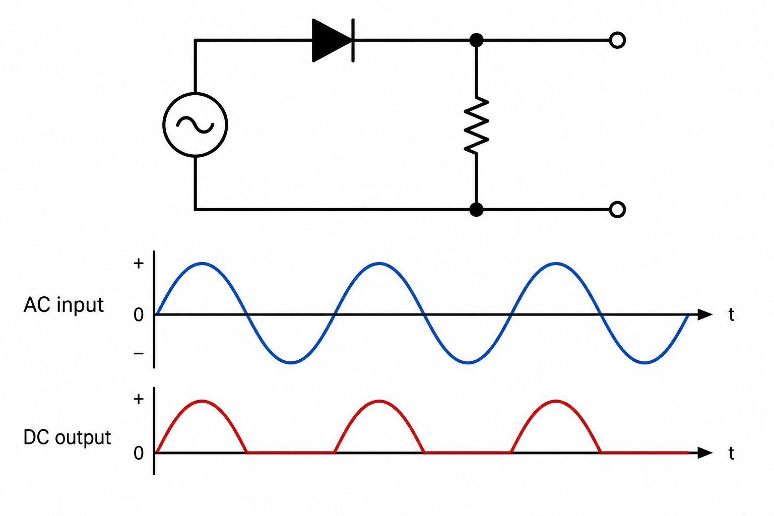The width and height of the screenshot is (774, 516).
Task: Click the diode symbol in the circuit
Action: [x=333, y=40]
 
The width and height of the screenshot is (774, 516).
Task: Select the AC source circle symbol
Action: [x=195, y=125]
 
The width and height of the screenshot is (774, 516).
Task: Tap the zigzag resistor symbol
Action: [x=476, y=125]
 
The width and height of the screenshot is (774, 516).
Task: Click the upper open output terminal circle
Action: [x=617, y=40]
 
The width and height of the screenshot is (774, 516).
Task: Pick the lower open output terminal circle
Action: [x=617, y=210]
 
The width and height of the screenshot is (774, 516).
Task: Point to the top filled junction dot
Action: [x=476, y=40]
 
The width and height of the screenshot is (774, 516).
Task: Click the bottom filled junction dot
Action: [x=476, y=210]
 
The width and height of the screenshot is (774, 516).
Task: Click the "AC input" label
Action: [x=63, y=305]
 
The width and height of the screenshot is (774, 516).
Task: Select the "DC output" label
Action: [x=67, y=437]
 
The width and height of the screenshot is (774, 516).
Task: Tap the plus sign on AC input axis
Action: [x=139, y=264]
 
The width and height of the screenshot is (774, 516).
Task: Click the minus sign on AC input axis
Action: [x=139, y=353]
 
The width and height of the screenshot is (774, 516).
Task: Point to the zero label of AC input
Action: [x=139, y=315]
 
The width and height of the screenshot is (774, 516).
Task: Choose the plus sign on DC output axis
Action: [x=139, y=399]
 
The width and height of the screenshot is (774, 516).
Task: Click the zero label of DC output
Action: [x=139, y=453]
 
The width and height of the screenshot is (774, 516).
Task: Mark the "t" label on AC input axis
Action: [x=731, y=314]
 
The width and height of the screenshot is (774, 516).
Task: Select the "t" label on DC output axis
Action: [x=731, y=453]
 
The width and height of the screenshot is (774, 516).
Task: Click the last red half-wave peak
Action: [x=556, y=401]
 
